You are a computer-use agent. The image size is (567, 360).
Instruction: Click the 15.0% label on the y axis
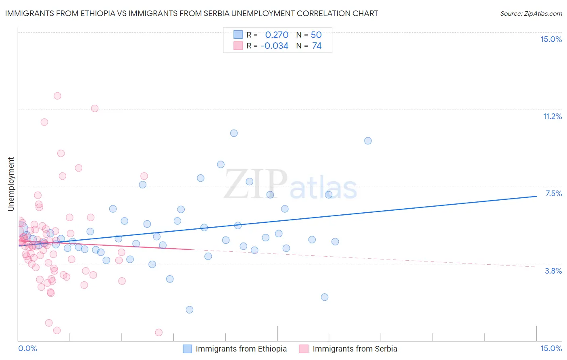[x=551, y=39]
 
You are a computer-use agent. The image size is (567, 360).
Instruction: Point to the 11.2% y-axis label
[x=552, y=116]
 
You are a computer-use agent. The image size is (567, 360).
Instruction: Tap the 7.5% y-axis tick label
[x=553, y=193]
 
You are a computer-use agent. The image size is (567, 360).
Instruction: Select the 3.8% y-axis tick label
[x=553, y=271]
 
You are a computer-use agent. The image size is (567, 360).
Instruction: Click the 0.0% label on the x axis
[x=27, y=348]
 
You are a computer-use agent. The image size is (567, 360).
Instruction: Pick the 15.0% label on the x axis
[x=551, y=348]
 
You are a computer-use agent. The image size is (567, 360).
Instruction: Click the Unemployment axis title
[x=11, y=184]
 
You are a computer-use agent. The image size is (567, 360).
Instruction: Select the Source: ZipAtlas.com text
[x=531, y=13]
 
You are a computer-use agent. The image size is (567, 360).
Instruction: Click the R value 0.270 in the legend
[x=277, y=35]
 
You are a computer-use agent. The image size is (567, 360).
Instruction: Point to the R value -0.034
[x=274, y=46]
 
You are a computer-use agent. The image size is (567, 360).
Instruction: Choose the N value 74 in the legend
[x=317, y=46]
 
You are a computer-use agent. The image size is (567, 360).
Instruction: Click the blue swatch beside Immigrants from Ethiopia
[x=188, y=349]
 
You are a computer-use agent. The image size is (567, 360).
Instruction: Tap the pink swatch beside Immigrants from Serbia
[x=304, y=349]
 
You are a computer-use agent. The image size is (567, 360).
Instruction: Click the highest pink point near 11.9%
[x=57, y=96]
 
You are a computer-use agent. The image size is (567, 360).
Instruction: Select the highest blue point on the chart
[x=234, y=133]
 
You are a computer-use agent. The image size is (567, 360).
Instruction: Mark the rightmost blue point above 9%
[x=368, y=141]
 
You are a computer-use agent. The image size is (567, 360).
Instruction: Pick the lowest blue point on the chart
[x=190, y=310]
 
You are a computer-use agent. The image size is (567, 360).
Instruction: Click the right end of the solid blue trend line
[x=536, y=196]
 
